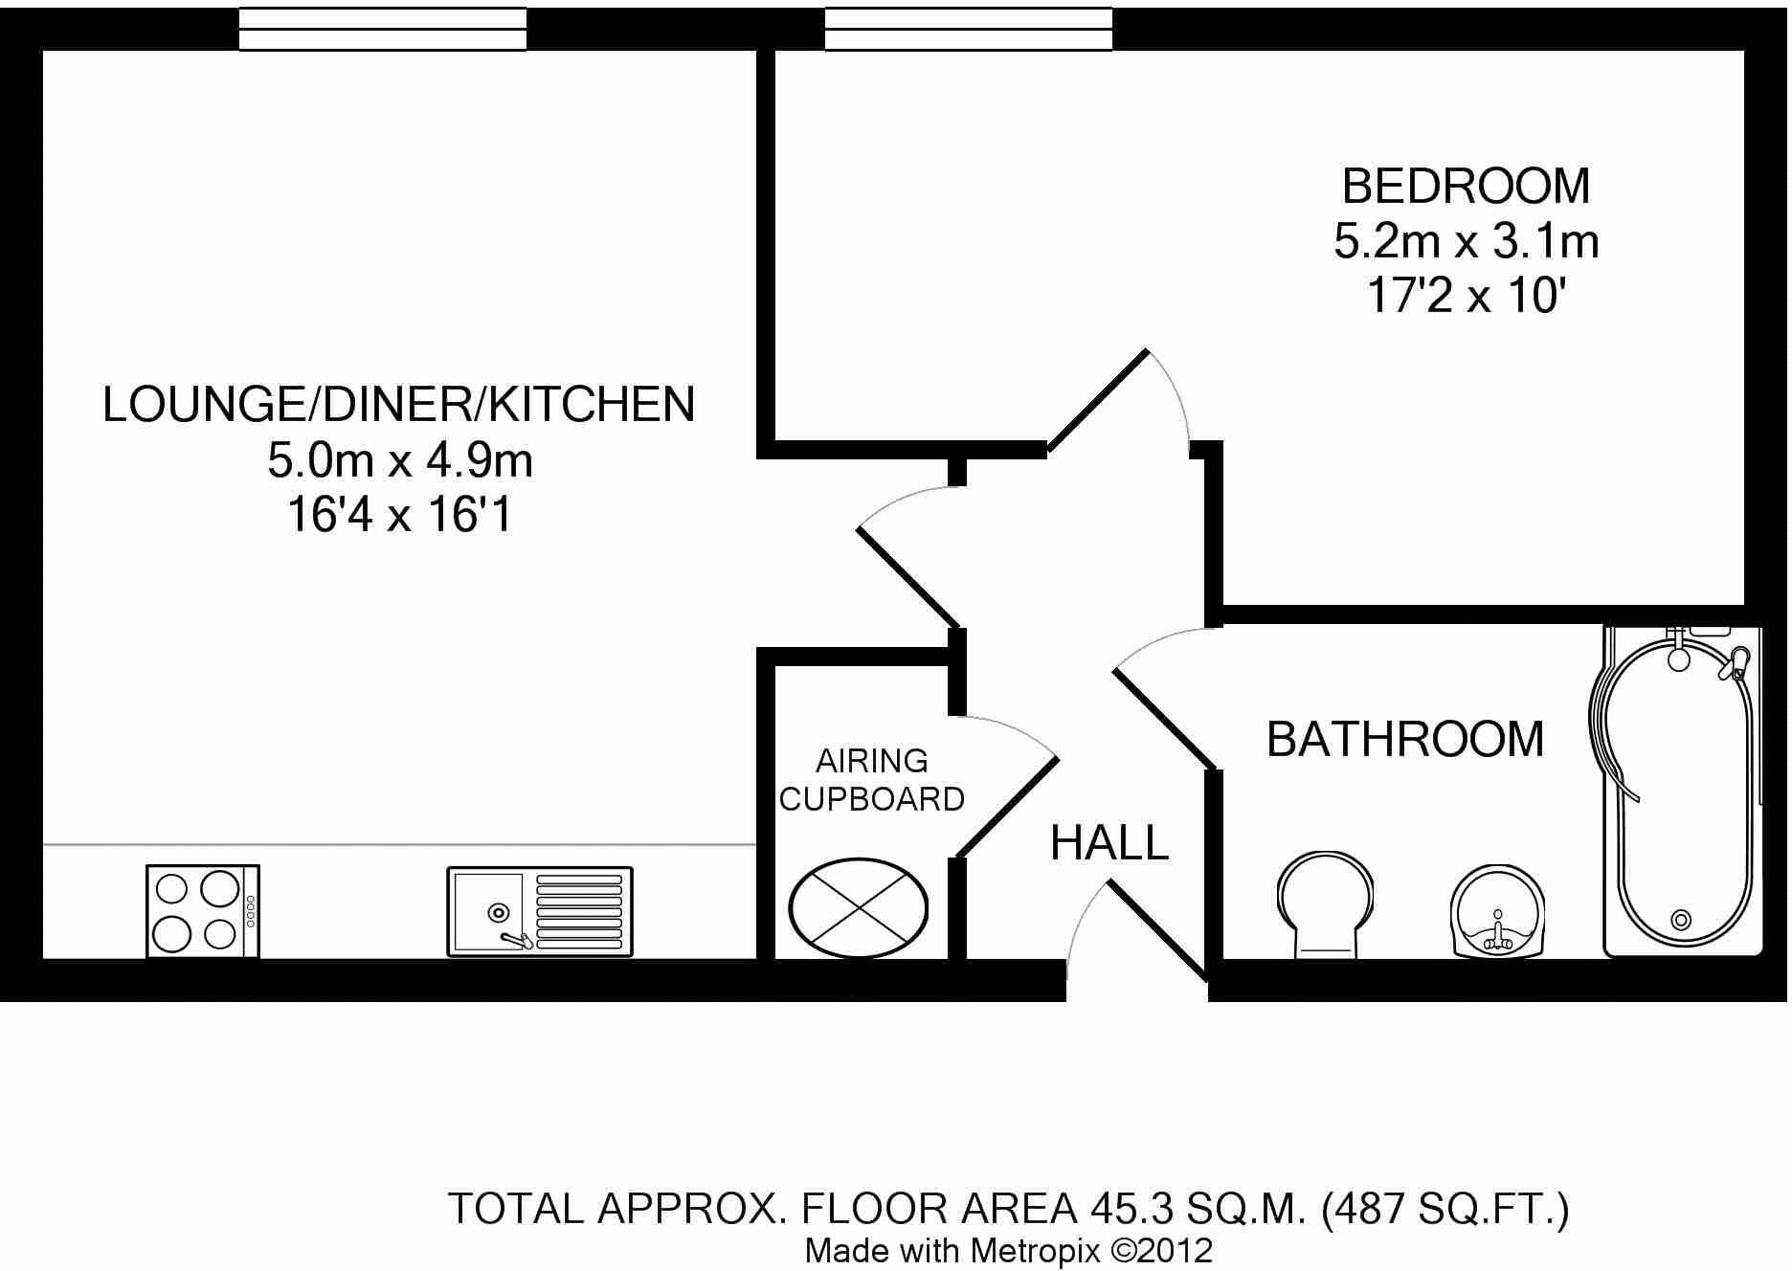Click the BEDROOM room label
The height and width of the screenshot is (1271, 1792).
(x=1465, y=186)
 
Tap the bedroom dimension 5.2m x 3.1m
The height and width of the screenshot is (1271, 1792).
(x=1466, y=241)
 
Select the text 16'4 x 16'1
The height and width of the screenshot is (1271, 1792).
(x=400, y=516)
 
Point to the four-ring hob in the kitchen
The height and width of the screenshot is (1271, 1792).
(x=203, y=910)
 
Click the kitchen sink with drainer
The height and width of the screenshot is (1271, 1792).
(x=540, y=910)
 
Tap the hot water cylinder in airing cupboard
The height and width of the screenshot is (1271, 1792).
(x=858, y=907)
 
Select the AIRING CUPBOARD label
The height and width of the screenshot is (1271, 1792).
(x=871, y=780)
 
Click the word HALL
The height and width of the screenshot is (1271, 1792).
(x=1109, y=843)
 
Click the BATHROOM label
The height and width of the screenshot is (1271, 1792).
(x=1404, y=739)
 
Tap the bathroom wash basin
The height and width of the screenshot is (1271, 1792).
(x=1497, y=909)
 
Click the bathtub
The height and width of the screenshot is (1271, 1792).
(x=1681, y=794)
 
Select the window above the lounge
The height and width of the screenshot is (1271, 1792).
(x=382, y=29)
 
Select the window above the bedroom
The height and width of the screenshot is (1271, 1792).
(x=968, y=29)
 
